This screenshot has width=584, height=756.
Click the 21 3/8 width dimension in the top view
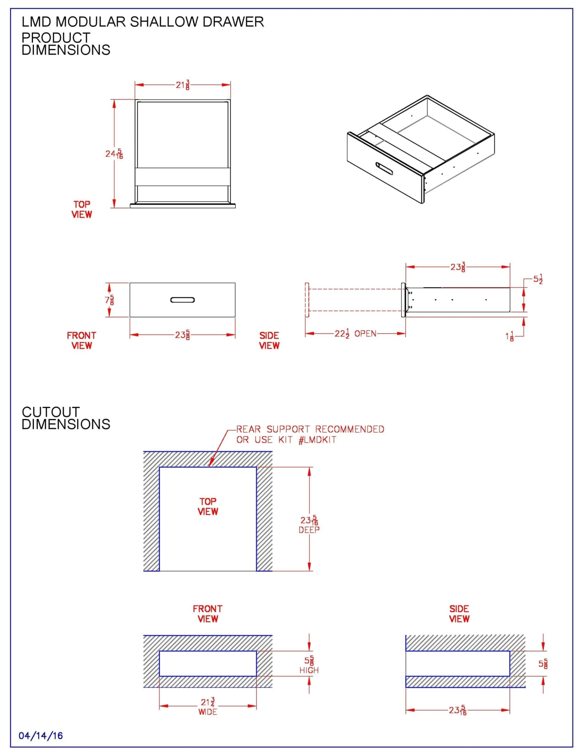[183, 85]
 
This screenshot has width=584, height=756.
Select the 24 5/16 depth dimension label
[114, 154]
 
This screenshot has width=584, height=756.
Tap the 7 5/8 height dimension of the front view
[109, 300]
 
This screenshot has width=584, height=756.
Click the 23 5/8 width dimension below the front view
[182, 335]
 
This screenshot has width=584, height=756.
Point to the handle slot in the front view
[183, 300]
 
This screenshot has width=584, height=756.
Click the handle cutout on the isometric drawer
[384, 168]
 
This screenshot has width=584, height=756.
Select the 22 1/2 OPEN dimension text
[355, 333]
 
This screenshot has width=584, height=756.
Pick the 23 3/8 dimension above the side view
[458, 267]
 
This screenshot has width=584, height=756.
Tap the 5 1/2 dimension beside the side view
[538, 279]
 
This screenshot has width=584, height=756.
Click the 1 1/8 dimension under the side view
[510, 336]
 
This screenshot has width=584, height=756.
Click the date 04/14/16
[40, 736]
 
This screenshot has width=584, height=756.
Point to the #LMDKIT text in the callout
[317, 440]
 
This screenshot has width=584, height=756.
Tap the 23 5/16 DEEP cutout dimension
[309, 524]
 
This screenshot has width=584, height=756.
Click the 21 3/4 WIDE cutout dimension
[208, 706]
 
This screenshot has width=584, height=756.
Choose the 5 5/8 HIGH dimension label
[309, 664]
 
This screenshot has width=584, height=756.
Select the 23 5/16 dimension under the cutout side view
[458, 710]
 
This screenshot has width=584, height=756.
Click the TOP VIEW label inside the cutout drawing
[208, 506]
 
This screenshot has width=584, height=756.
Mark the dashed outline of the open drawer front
[307, 300]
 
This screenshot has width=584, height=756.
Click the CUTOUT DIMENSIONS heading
[66, 418]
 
